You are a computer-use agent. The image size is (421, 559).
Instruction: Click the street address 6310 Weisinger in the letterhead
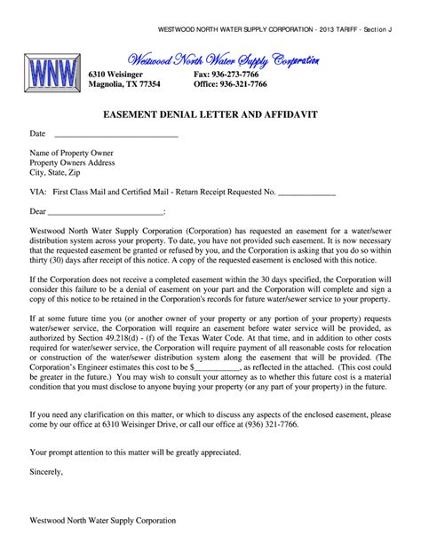(x=121, y=74)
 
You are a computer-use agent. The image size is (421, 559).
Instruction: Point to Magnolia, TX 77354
(x=124, y=84)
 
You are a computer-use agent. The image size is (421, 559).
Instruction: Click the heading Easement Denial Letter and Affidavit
(x=210, y=115)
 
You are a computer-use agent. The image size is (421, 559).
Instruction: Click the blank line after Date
(x=116, y=134)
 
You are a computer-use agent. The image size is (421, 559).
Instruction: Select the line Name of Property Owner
(x=72, y=153)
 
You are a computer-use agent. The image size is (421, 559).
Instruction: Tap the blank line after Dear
(x=105, y=212)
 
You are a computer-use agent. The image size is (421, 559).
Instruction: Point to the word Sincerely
(x=47, y=472)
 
